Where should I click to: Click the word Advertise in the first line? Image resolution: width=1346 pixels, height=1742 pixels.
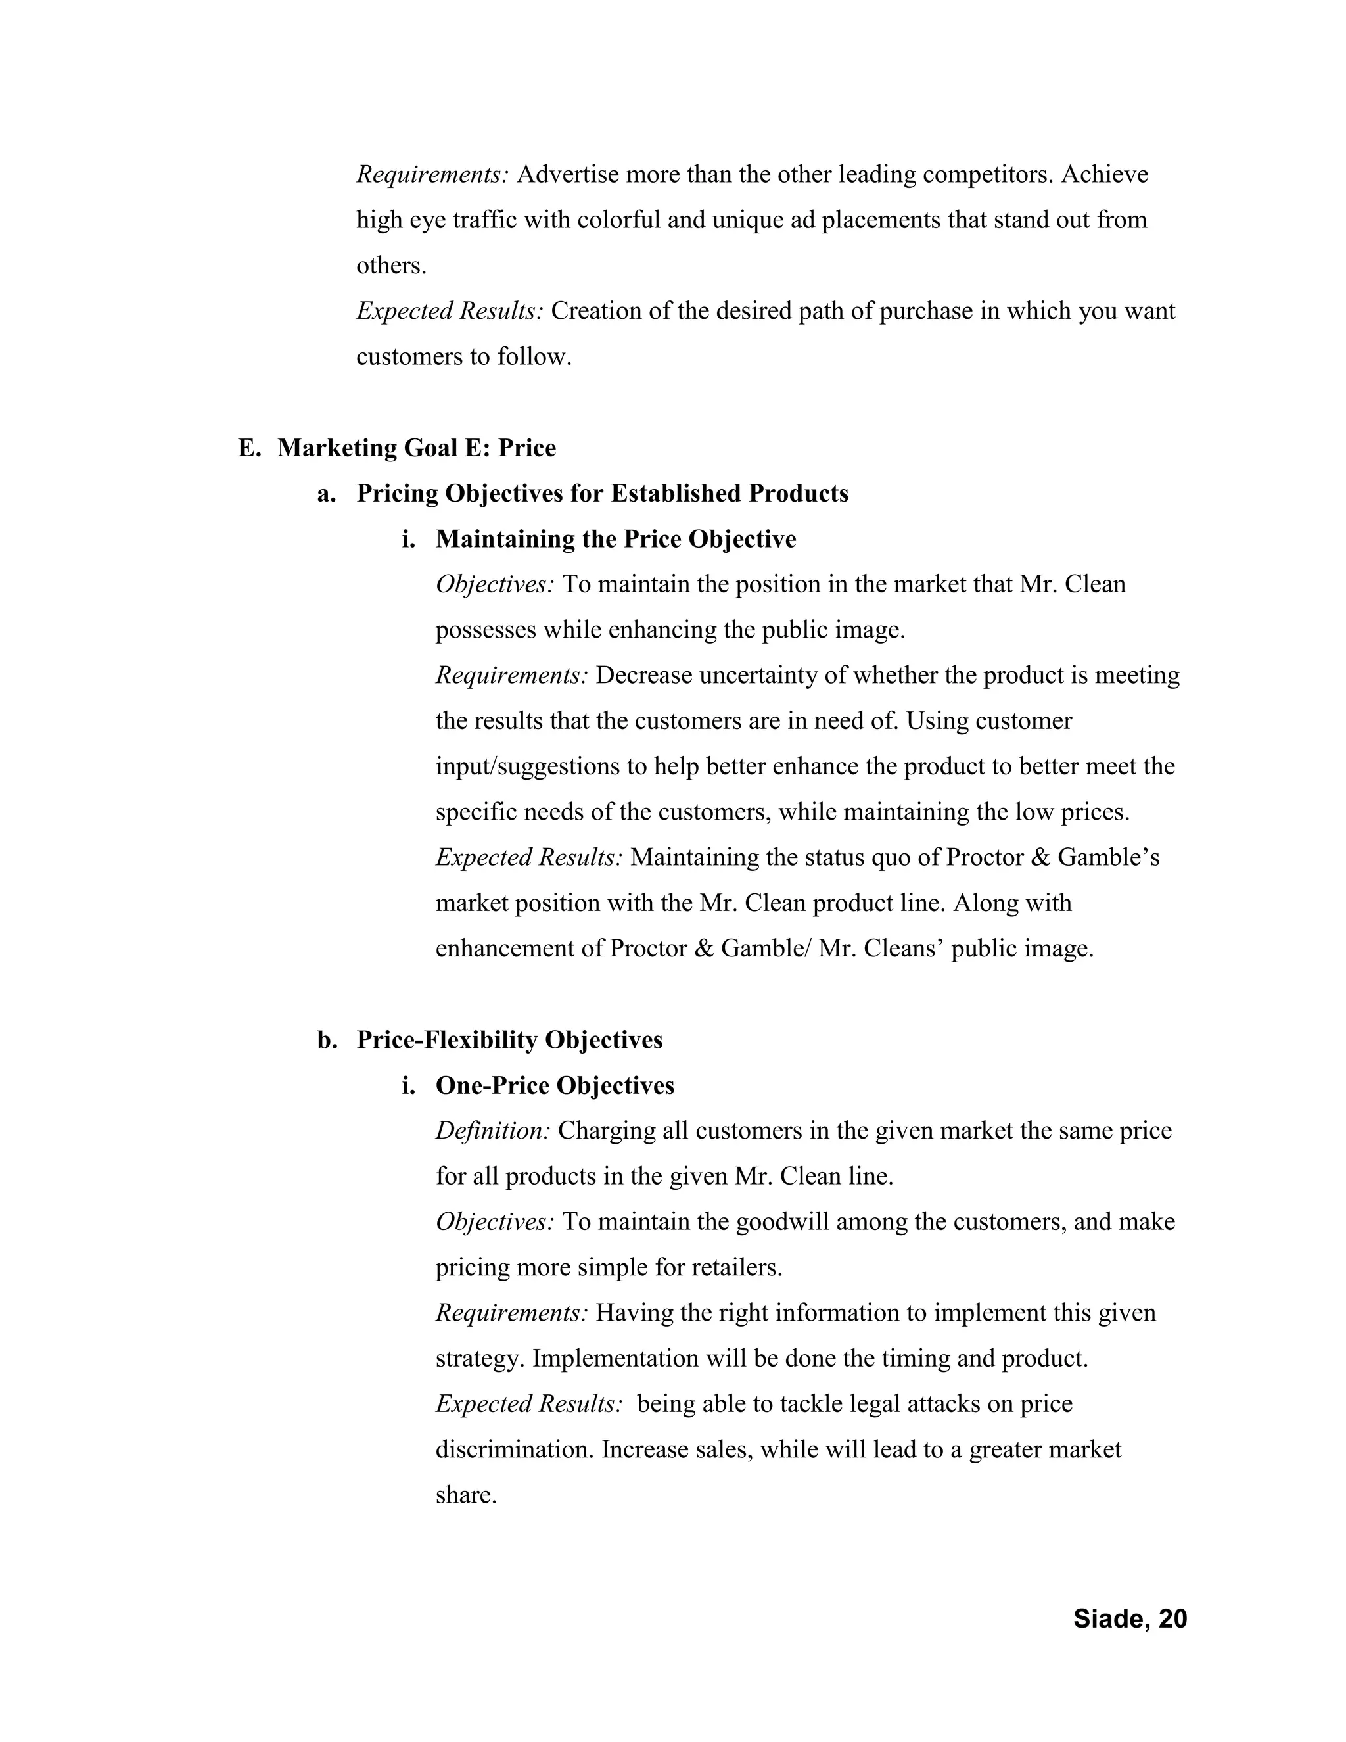pyautogui.click(x=568, y=174)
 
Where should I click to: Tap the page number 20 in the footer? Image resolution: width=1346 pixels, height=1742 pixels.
pyautogui.click(x=1172, y=1618)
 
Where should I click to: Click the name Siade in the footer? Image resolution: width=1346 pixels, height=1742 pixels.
pyautogui.click(x=1111, y=1618)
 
